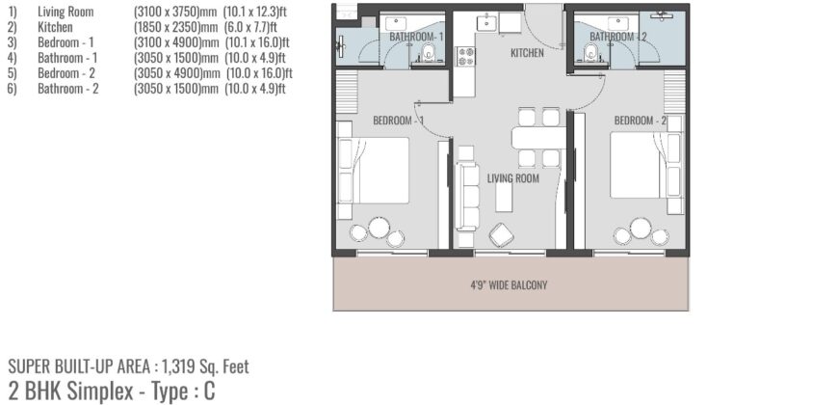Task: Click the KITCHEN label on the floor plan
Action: click(527, 53)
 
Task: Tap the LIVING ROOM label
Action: click(512, 178)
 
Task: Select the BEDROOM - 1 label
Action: click(399, 121)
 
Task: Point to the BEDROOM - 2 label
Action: click(641, 121)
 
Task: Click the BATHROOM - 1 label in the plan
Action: click(416, 37)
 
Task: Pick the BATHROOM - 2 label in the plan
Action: click(618, 37)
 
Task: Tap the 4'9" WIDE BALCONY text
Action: click(509, 285)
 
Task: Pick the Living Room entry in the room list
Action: click(65, 12)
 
